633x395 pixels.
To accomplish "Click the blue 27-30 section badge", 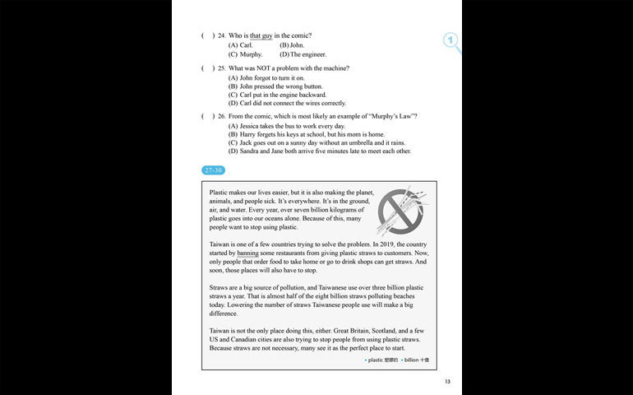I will tap(214, 170).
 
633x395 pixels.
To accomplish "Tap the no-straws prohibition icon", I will tap(401, 211).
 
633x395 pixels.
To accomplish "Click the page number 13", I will tap(447, 381).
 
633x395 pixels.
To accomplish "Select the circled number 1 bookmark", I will tap(450, 40).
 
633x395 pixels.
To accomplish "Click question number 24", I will tap(221, 35).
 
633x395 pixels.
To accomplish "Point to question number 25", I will tap(221, 67).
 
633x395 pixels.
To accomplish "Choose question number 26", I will tap(221, 116).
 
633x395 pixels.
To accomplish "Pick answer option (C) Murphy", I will tap(245, 54).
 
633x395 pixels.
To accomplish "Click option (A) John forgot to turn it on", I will tap(271, 77).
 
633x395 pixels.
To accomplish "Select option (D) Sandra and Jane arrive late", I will tap(319, 151).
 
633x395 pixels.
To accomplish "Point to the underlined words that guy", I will tap(261, 35).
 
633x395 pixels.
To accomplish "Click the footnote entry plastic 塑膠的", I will tap(381, 360).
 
